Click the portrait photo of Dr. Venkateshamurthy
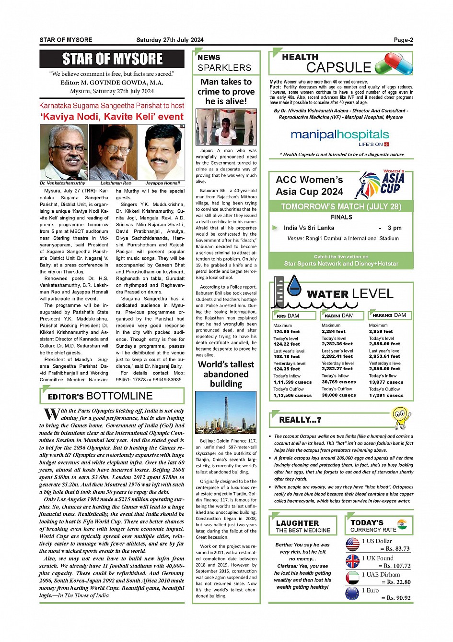63,152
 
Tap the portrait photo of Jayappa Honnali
162,152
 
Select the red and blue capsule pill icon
394,64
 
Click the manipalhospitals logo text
339,135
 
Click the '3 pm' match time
395,228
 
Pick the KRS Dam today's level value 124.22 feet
287,344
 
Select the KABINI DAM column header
339,315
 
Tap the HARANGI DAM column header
389,315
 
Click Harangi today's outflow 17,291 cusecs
386,395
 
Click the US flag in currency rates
352,544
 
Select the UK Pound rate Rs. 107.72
394,566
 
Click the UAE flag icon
352,577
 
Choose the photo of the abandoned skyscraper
226,412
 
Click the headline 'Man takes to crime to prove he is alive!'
226,91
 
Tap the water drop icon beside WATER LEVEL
294,286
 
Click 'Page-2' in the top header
403,40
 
